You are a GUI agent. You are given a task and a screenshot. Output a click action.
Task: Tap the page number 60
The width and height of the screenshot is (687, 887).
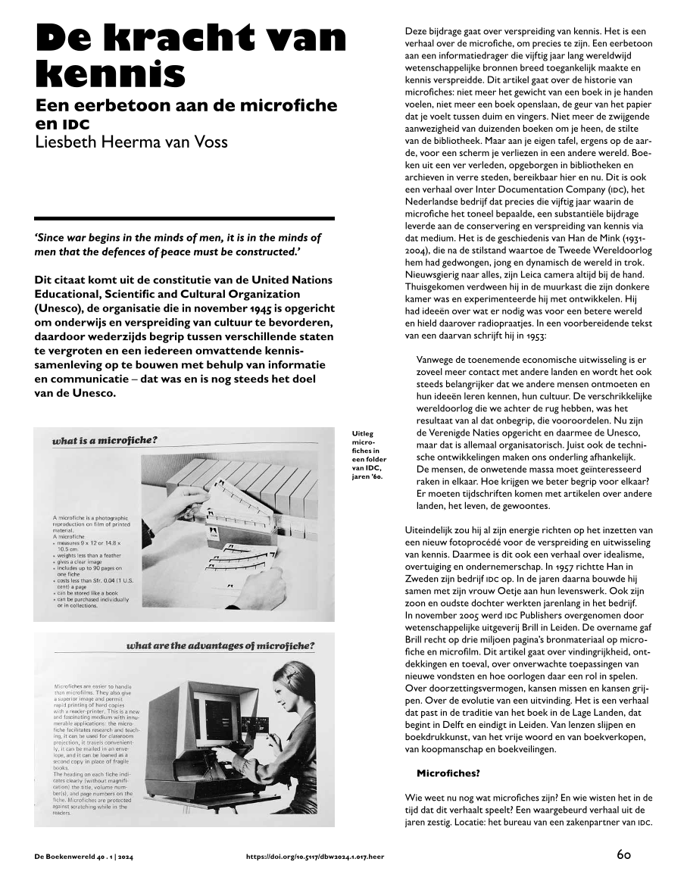tap(623, 855)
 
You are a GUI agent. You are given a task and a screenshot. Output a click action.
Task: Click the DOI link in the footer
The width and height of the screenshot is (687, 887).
tap(315, 857)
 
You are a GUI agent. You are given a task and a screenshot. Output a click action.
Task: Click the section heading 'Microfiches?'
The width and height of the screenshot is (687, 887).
tap(448, 773)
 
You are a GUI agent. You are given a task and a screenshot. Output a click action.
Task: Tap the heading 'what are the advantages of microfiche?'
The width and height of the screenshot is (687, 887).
tap(220, 646)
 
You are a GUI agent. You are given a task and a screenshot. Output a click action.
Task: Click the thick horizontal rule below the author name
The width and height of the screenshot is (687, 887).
tap(184, 218)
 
